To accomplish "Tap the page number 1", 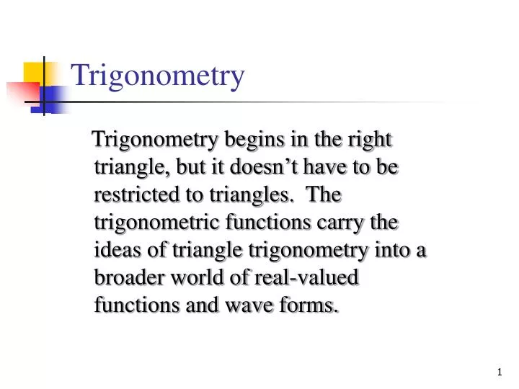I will [x=500, y=372].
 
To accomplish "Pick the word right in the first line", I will [x=371, y=139].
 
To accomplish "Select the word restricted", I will [x=130, y=194].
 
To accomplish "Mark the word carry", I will [x=342, y=223].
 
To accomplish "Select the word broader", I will [x=124, y=278].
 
